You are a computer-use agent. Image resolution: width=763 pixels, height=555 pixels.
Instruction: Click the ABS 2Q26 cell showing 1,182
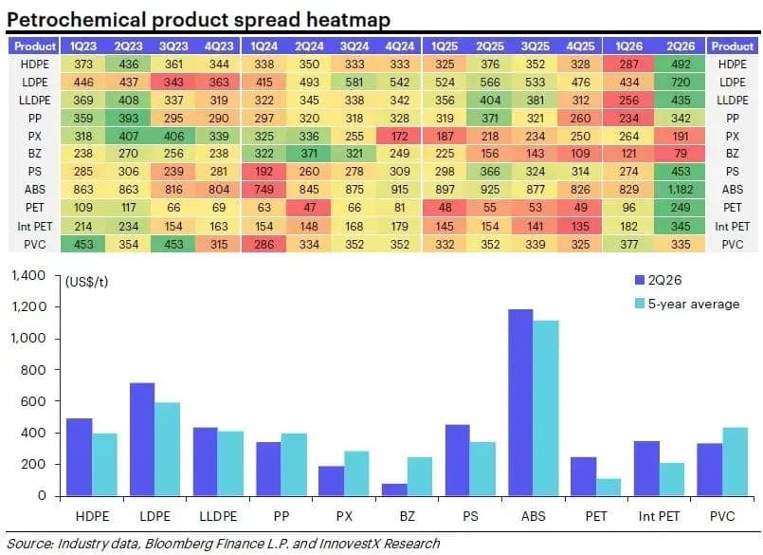681,190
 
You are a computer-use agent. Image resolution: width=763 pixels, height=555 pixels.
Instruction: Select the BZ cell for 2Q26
681,154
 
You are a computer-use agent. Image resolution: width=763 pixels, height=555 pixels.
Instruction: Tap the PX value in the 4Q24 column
399,136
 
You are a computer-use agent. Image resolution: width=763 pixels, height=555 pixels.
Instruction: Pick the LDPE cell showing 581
354,82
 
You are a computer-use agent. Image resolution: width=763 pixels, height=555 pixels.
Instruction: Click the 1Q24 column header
263,46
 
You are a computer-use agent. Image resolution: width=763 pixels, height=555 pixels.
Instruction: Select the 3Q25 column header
536,46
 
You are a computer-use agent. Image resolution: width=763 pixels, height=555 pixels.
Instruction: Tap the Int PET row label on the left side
34,227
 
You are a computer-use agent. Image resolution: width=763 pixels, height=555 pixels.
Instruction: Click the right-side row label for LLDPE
732,101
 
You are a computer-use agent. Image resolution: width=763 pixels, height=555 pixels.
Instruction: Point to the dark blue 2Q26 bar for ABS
520,402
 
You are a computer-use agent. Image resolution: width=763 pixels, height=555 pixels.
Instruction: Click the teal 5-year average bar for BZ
420,476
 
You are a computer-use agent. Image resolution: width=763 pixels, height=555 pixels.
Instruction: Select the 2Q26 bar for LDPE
142,439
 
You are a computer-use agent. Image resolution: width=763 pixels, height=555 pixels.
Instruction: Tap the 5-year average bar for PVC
735,461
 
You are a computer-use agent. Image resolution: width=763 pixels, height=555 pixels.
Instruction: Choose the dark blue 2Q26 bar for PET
584,476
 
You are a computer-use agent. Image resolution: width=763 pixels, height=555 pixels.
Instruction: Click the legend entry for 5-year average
687,304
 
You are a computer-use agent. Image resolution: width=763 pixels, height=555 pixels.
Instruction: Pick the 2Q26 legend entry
659,280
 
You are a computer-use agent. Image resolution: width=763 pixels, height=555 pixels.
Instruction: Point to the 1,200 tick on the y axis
28,307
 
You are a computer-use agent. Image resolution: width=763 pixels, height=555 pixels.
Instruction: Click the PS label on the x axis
470,516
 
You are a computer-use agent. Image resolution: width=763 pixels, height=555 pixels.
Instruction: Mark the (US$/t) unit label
86,282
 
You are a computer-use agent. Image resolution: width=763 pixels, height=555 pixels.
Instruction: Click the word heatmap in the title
349,21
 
